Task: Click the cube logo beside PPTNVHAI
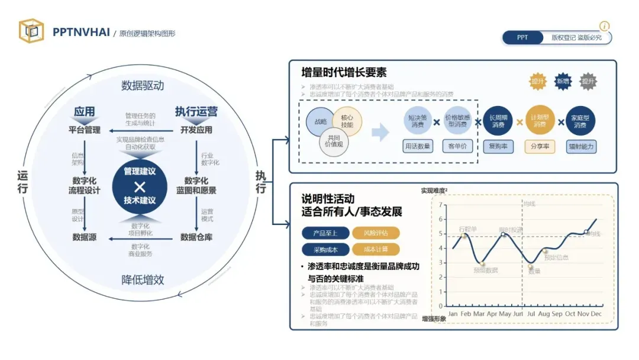tap(31, 31)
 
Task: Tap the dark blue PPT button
tap(522, 38)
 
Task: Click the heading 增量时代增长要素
tap(344, 73)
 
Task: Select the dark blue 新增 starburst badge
tap(563, 82)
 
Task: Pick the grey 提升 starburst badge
tap(588, 82)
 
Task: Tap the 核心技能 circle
tap(347, 121)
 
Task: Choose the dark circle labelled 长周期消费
tap(498, 121)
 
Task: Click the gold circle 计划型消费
tap(540, 121)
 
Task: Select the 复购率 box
tap(498, 146)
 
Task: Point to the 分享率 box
tap(540, 146)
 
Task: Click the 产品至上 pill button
tap(324, 233)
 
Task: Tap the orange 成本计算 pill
tap(375, 250)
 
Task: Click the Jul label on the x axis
tap(531, 313)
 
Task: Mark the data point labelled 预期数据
tap(482, 264)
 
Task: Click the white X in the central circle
tap(140, 186)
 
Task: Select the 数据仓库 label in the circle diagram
tap(196, 237)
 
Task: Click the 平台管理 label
tap(85, 130)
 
